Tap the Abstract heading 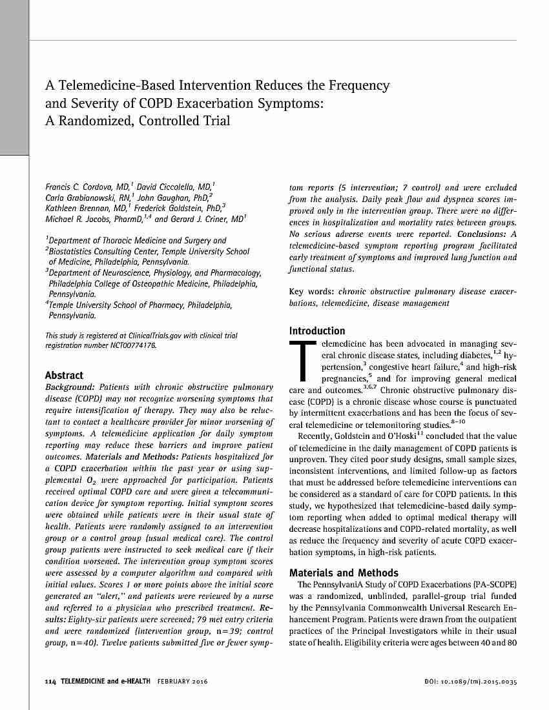(64, 375)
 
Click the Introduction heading (316, 330)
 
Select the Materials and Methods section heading (344, 573)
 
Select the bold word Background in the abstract (70, 387)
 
